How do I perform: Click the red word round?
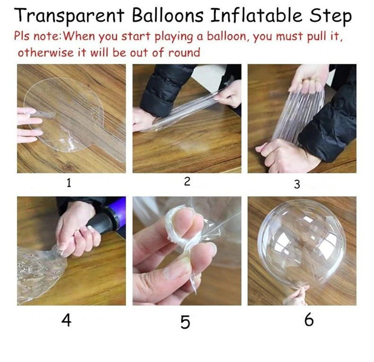pos(184,52)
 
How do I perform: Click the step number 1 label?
pos(69,183)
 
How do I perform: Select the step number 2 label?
pos(187,182)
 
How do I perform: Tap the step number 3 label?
pos(297,184)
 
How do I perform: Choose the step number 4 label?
pos(66,320)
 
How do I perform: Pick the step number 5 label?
pos(185,322)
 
